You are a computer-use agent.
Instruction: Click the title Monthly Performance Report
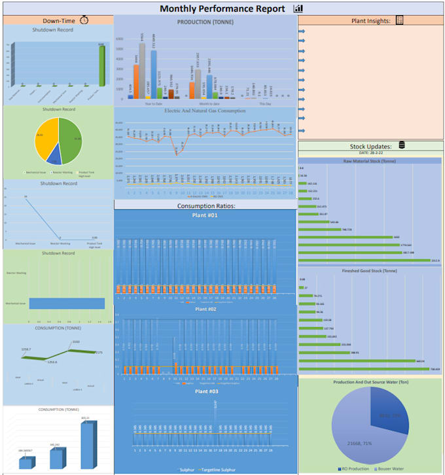click(222, 9)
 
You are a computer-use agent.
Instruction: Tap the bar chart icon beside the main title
click(298, 9)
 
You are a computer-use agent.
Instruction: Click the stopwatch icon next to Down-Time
click(84, 20)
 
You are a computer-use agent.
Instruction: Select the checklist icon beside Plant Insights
click(399, 21)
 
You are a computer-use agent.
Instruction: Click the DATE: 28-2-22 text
click(370, 152)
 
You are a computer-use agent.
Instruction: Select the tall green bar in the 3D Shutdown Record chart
click(101, 65)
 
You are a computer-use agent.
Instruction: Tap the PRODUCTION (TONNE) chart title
click(205, 22)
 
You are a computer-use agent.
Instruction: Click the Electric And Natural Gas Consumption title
click(205, 111)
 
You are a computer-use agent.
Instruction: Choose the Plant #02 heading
click(205, 309)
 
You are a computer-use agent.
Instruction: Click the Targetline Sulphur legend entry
click(219, 470)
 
